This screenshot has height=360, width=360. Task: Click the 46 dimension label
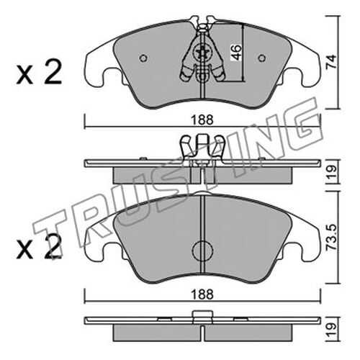(x=236, y=53)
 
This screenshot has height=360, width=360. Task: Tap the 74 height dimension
(x=331, y=62)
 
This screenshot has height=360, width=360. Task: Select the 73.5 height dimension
(x=331, y=238)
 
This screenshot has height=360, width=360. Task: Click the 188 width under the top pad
(x=202, y=120)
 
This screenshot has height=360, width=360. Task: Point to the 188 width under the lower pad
(x=202, y=294)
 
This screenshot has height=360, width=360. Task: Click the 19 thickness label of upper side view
(x=332, y=171)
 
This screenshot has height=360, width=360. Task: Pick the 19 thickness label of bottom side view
(x=332, y=329)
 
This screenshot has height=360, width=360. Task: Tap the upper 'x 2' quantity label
(x=39, y=72)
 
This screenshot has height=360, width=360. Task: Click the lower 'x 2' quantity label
(x=39, y=246)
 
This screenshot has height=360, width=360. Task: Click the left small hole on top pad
(x=143, y=58)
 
